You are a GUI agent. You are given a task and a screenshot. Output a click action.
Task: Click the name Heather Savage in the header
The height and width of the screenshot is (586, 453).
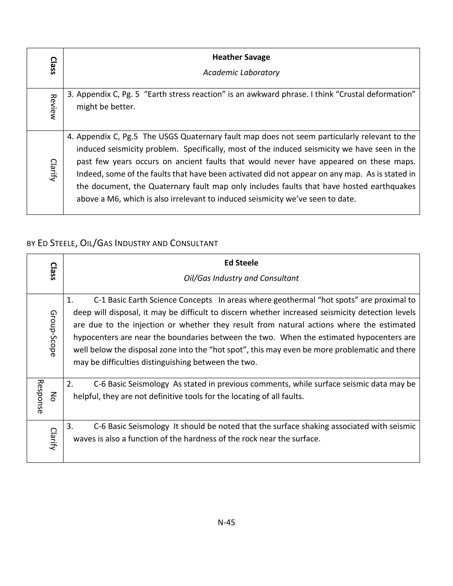pos(241,57)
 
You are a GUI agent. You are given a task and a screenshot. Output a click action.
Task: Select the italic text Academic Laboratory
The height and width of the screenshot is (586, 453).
pos(241,73)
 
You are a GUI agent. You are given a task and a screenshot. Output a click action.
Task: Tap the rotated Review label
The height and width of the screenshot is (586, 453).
pos(53,107)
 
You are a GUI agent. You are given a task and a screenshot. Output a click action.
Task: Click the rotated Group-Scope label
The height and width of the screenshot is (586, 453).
pos(53,333)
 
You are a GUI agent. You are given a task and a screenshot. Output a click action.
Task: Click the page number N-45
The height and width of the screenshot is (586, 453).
pos(226,522)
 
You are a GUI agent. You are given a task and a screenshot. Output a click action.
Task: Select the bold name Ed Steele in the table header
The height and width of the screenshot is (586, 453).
pos(241,263)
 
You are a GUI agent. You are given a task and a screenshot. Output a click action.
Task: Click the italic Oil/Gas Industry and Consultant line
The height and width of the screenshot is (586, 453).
pos(241,278)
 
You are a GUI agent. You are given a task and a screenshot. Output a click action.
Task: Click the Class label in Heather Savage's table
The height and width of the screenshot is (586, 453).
pos(53,65)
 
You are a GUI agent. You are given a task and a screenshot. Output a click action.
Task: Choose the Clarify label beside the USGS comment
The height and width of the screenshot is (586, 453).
pos(53,170)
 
